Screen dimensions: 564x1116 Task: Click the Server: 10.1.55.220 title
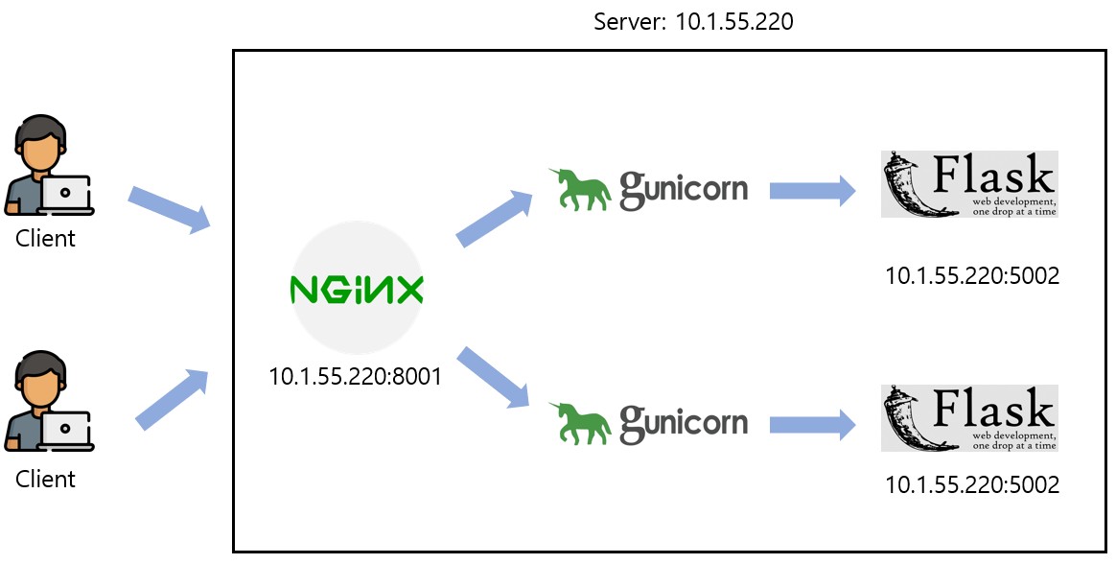point(693,21)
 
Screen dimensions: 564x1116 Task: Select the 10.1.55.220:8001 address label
point(355,376)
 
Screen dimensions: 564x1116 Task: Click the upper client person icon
point(46,168)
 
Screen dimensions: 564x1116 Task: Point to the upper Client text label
point(45,238)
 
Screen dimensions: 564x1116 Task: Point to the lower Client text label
point(45,478)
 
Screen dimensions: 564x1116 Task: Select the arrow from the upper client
point(170,209)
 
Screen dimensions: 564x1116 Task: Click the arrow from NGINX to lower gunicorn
point(495,377)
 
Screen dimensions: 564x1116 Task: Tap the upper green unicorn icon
point(581,188)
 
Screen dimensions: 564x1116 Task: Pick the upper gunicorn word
point(684,188)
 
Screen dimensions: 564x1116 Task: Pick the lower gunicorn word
point(684,423)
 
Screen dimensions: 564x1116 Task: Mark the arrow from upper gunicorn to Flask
point(812,189)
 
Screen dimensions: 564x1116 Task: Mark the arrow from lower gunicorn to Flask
point(812,423)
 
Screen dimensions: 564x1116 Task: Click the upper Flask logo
point(968,184)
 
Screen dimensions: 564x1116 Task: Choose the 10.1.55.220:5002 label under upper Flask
point(971,276)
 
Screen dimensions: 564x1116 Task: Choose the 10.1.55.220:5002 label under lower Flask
point(971,484)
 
